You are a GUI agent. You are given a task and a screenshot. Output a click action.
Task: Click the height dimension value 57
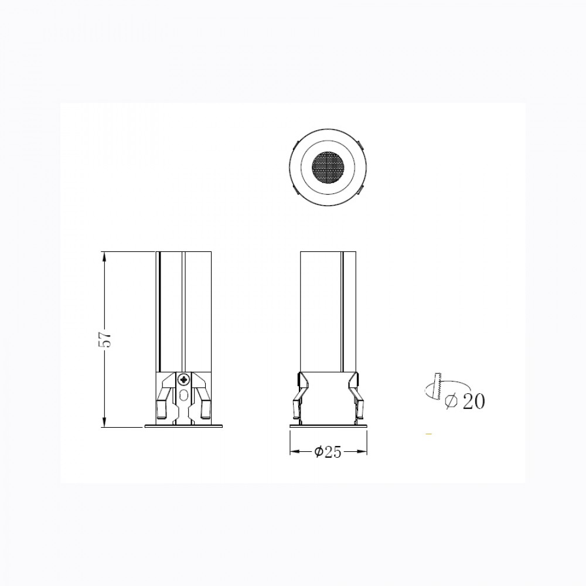click(x=107, y=339)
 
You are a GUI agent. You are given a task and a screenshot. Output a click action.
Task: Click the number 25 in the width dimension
click(x=333, y=452)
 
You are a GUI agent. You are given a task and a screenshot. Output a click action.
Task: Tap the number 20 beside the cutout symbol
click(x=473, y=401)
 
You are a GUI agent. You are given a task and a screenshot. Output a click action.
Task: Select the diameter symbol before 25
click(x=318, y=452)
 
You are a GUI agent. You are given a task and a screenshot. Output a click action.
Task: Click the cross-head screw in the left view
click(x=183, y=380)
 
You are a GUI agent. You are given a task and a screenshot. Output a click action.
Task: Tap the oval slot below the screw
click(x=183, y=396)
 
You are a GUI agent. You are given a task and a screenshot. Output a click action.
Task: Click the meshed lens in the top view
click(x=328, y=165)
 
